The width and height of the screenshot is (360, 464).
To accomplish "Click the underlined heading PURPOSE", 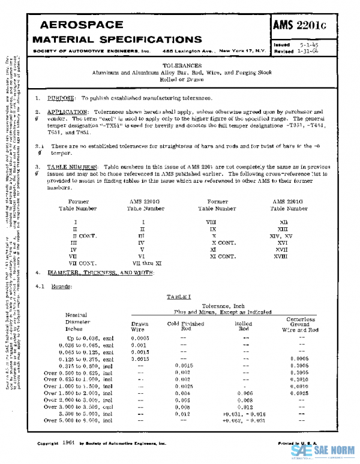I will click(x=62, y=98).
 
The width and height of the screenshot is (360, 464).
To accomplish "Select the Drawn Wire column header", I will click(x=140, y=327).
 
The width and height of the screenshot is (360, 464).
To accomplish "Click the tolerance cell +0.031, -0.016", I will click(x=245, y=414).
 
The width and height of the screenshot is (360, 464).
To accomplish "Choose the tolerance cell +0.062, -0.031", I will click(x=245, y=421).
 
